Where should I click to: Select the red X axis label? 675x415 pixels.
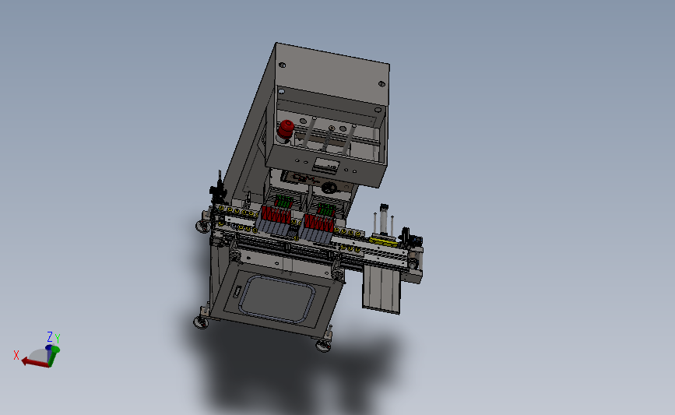pyautogui.click(x=16, y=354)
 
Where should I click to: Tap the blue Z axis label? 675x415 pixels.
pyautogui.click(x=50, y=336)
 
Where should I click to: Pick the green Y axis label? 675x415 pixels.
pyautogui.click(x=58, y=339)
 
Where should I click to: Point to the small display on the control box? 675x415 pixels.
pyautogui.click(x=322, y=164)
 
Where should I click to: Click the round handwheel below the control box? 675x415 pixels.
pyautogui.click(x=330, y=188)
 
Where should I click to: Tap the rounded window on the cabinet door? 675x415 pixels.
pyautogui.click(x=278, y=299)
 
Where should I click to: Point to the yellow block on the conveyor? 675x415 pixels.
pyautogui.click(x=385, y=240)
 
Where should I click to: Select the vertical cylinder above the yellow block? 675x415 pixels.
pyautogui.click(x=382, y=219)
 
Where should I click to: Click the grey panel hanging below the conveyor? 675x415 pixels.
pyautogui.click(x=382, y=287)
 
